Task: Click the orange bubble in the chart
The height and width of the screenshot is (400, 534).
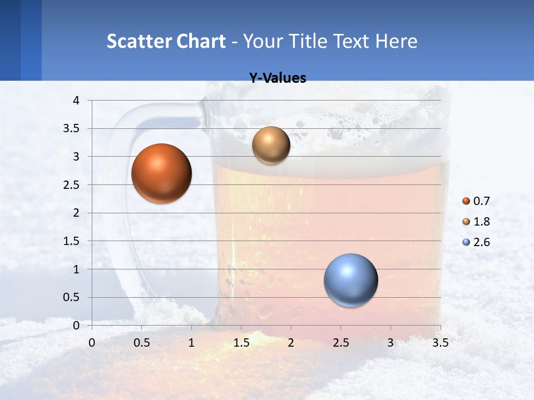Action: [161, 173]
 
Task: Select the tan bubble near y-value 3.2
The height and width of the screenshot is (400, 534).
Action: [271, 145]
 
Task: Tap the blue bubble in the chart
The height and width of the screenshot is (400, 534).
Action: [350, 280]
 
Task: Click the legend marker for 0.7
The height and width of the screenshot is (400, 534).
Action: [466, 201]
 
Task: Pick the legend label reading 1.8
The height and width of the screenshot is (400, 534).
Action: [481, 222]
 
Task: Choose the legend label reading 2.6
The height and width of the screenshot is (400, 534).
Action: [481, 242]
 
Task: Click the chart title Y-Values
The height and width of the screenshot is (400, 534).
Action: [277, 78]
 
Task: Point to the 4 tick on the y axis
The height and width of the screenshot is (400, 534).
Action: [77, 101]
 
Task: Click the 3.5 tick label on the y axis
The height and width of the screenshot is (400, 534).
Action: [72, 129]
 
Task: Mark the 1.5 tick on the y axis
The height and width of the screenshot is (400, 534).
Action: [72, 241]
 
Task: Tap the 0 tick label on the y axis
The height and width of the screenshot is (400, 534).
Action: [77, 326]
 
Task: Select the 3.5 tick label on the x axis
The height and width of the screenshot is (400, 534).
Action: [440, 342]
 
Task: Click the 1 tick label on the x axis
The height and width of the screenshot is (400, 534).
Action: [191, 342]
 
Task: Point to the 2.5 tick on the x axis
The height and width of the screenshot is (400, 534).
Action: [340, 342]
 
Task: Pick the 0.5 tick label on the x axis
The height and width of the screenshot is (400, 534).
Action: [141, 342]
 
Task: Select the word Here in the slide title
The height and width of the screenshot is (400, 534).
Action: [395, 41]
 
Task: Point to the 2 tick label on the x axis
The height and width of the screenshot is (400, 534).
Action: [291, 342]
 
